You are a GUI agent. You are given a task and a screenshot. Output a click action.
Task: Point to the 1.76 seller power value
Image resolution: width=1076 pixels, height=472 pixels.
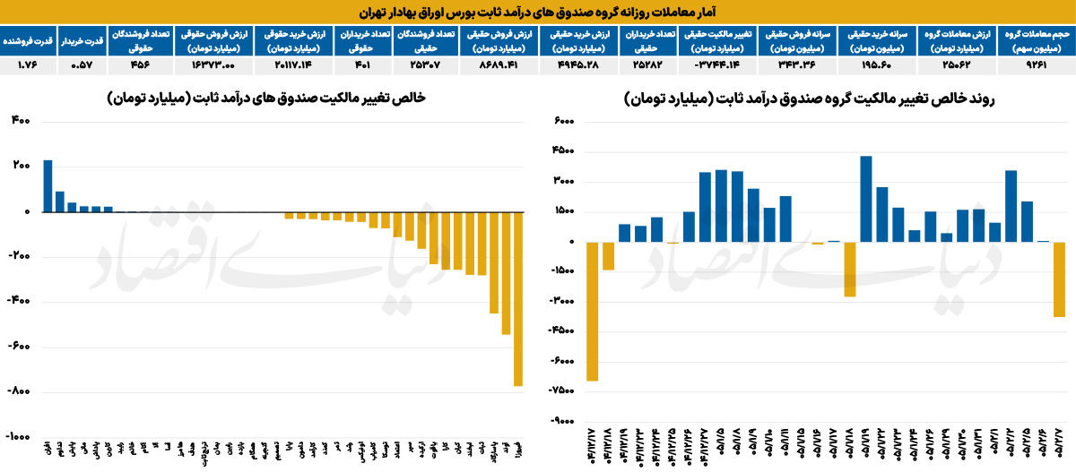click(30, 65)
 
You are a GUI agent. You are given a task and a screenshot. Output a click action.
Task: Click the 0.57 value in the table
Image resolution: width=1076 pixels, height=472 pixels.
click(83, 65)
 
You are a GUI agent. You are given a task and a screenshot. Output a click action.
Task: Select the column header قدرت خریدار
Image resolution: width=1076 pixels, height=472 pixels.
click(83, 40)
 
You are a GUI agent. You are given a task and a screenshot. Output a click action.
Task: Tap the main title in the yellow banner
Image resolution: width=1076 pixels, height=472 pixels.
click(538, 13)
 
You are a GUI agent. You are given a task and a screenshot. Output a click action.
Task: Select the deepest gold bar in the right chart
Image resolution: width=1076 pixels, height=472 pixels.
click(592, 312)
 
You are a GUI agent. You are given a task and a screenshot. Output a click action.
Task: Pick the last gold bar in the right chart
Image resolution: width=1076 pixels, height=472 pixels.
click(1059, 279)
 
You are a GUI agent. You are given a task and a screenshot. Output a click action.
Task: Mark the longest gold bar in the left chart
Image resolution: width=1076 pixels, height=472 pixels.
click(518, 299)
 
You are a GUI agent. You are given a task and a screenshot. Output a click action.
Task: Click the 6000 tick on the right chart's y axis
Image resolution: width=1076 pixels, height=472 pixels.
click(563, 122)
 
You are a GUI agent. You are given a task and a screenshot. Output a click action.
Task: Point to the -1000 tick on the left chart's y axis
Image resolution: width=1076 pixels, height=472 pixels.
click(19, 436)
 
